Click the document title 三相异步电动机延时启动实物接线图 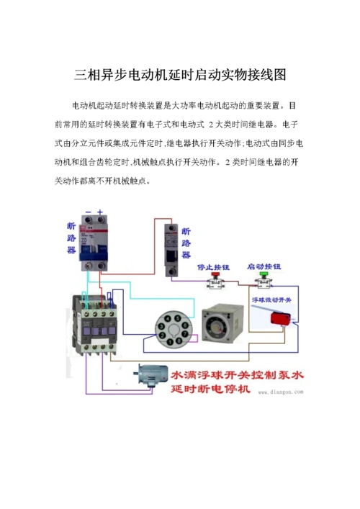[x=180, y=75]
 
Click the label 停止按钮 [x=213, y=265]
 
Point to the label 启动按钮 [x=264, y=265]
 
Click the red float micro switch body [x=277, y=317]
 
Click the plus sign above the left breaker [x=101, y=212]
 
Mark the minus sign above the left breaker [x=87, y=212]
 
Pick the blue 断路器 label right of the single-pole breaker [x=186, y=243]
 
